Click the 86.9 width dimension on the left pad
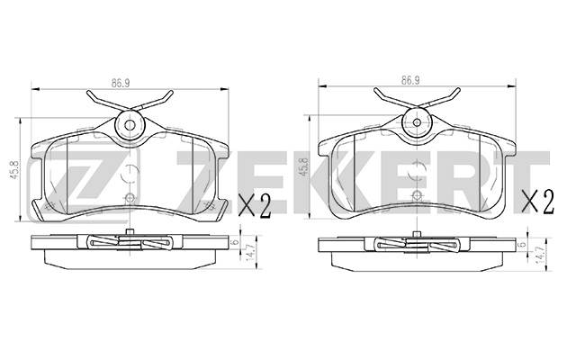pos(121,83)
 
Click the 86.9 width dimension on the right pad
pos(410,80)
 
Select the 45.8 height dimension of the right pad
pos(303,167)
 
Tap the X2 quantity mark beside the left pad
pos(255,206)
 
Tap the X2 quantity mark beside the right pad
pos(538,202)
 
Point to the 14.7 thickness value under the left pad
pos(252,254)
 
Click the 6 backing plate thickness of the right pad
pos(520,244)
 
